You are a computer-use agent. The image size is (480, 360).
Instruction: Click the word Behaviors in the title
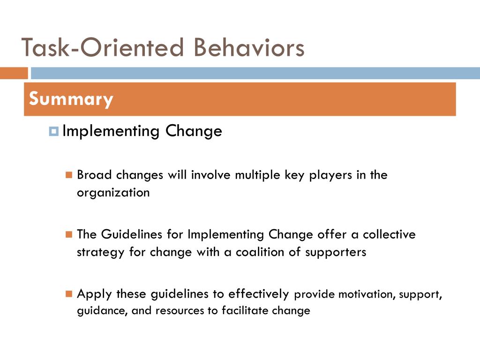pyautogui.click(x=249, y=48)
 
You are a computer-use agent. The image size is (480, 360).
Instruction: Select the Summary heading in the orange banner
pyautogui.click(x=71, y=99)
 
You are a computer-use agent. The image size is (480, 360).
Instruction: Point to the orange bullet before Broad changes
pyautogui.click(x=69, y=175)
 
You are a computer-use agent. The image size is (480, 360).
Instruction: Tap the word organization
pyautogui.click(x=113, y=193)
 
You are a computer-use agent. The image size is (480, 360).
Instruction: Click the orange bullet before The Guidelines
pyautogui.click(x=69, y=234)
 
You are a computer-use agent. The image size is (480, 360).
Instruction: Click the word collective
pyautogui.click(x=389, y=234)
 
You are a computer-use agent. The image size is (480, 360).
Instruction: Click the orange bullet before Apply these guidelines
pyautogui.click(x=69, y=294)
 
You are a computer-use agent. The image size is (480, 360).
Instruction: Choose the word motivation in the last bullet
pyautogui.click(x=365, y=295)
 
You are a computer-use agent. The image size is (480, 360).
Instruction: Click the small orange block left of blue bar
pyautogui.click(x=14, y=73)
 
